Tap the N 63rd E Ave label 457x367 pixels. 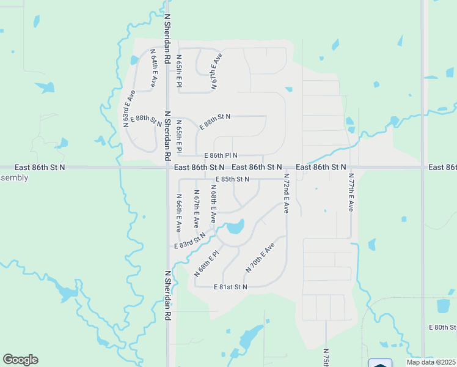click(x=129, y=108)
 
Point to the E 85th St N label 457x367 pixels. click(x=232, y=179)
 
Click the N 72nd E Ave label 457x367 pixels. click(x=285, y=193)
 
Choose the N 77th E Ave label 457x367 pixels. click(x=351, y=192)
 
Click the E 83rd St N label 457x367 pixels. click(x=190, y=242)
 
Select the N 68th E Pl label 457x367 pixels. click(x=207, y=262)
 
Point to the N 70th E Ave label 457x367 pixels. click(x=260, y=258)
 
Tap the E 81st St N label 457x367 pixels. click(x=230, y=287)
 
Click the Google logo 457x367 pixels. click(x=20, y=360)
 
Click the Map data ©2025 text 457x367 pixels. click(x=431, y=362)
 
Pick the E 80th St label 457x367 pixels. click(x=443, y=328)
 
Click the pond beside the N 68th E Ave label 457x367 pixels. click(x=235, y=229)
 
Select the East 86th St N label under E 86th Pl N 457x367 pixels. click(x=199, y=167)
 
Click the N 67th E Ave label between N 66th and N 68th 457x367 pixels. click(x=196, y=209)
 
